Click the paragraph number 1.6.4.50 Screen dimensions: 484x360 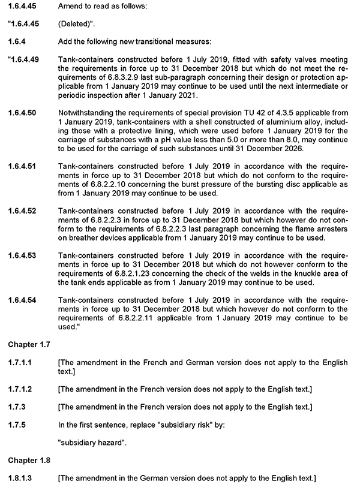[x=23, y=112]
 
